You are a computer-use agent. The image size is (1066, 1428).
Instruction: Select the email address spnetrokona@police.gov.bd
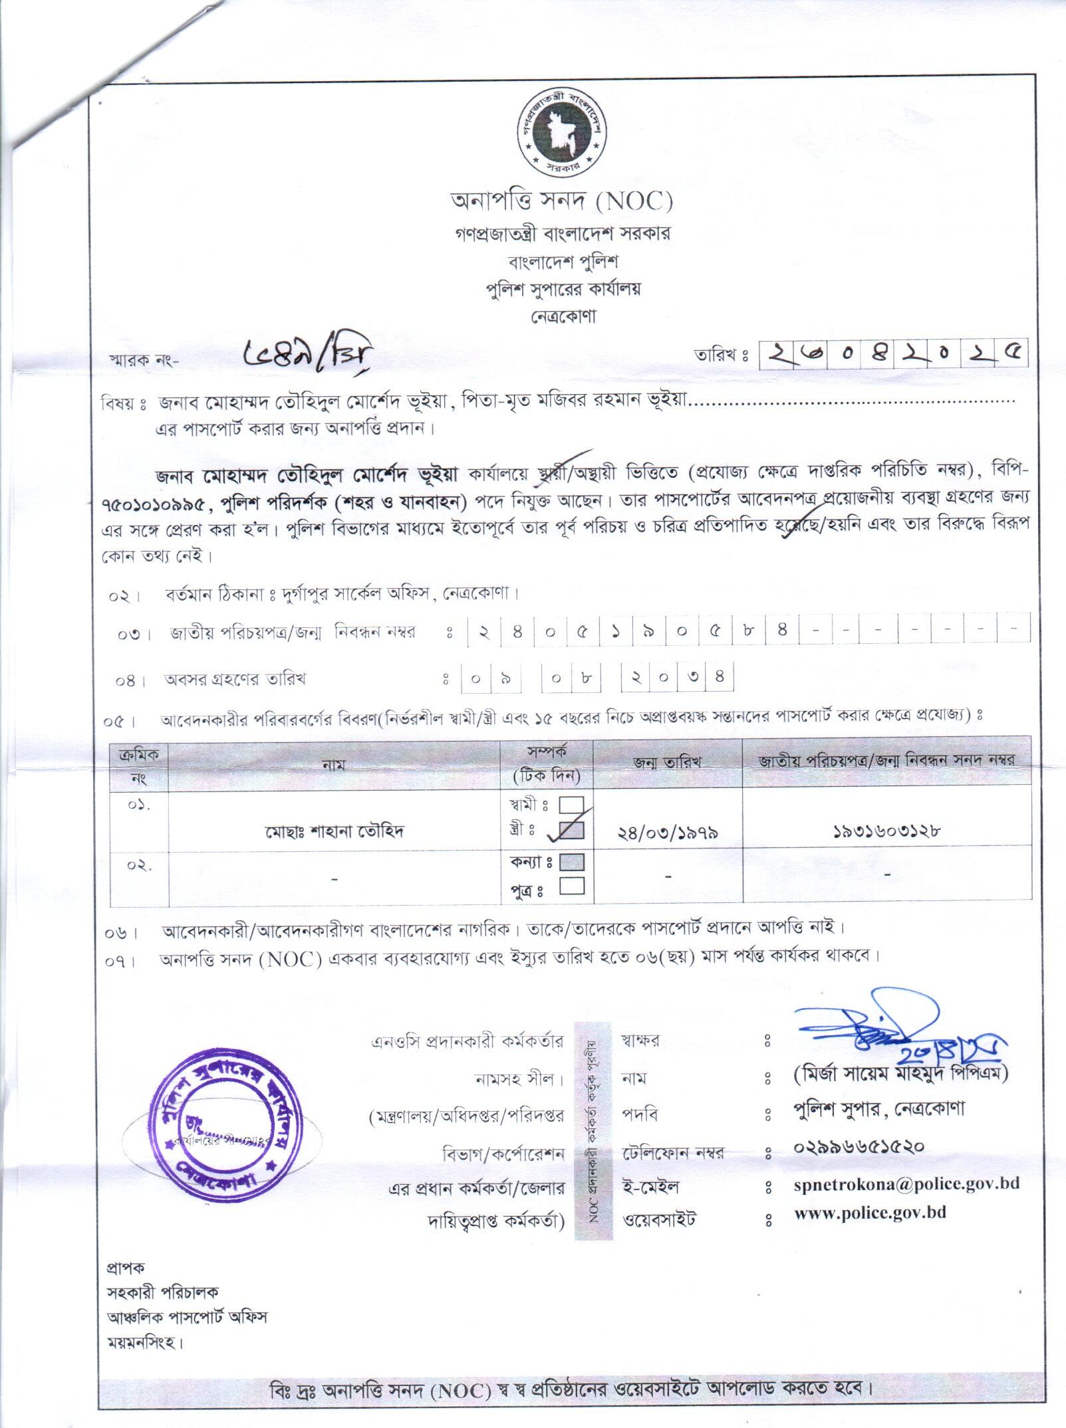tap(906, 1183)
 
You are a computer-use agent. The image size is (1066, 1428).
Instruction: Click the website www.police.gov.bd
tap(870, 1213)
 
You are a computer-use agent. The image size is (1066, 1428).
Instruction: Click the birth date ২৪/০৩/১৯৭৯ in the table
tap(668, 832)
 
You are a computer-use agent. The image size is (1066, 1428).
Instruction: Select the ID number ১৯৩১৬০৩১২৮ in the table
tap(886, 831)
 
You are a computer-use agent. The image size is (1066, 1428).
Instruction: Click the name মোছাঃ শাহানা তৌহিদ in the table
tap(334, 831)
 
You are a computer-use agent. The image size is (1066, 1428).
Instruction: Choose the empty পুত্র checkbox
tap(573, 886)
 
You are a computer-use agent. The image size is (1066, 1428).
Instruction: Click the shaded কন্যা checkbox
tap(573, 862)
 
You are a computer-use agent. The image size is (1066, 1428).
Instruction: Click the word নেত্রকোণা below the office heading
tap(563, 316)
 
